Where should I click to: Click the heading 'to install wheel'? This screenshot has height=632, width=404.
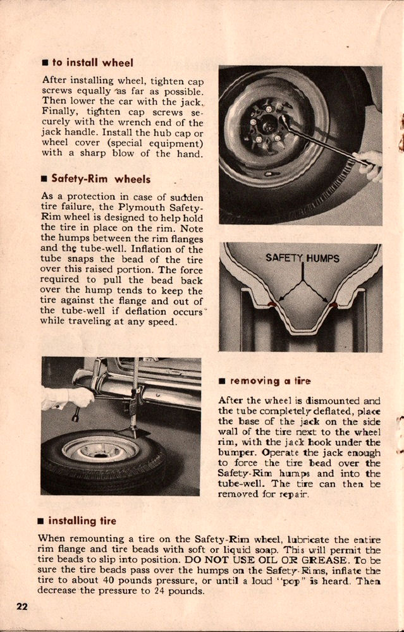(x=92, y=63)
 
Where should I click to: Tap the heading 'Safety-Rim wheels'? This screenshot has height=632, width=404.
(x=101, y=179)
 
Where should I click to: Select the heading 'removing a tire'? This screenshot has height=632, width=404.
(x=269, y=381)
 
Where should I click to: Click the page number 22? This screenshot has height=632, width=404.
(x=22, y=607)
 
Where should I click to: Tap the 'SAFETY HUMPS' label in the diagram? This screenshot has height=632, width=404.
(x=302, y=258)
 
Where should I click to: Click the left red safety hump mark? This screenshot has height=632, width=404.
(x=272, y=305)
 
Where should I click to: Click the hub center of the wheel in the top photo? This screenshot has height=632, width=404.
(x=267, y=126)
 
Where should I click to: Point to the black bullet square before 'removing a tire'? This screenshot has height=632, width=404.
(x=222, y=382)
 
